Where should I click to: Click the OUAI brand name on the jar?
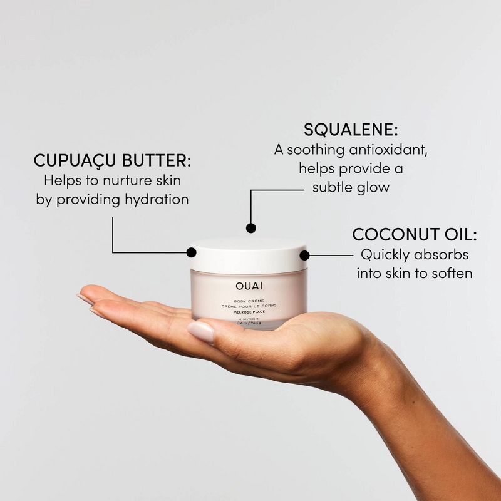pos(249,287)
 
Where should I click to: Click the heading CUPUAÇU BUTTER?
pos(112,160)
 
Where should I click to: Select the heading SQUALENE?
pos(351,130)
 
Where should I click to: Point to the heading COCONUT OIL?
pos(415,235)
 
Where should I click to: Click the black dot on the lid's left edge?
pos(192,252)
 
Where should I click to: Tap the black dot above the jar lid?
pos(251,228)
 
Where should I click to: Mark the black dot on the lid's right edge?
pos(305,255)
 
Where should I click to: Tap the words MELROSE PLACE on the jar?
pos(249,312)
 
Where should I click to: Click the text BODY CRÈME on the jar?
pos(249,300)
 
